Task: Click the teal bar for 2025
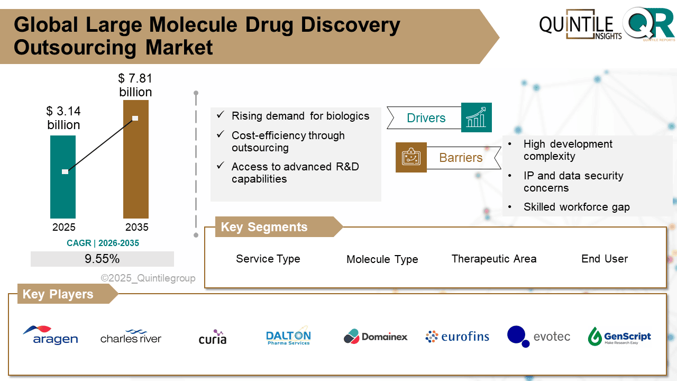pos(63,177)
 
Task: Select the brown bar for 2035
pos(136,159)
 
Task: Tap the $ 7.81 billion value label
pos(135,85)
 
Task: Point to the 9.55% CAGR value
pos(102,259)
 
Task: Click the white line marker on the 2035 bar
pos(135,118)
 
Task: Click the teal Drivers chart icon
pos(477,117)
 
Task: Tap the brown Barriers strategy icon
pos(411,157)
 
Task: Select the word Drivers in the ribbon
pos(426,118)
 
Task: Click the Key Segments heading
pos(264,227)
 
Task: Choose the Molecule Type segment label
pos(382,259)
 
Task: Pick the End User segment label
pos(605,259)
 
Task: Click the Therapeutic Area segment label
pos(494,259)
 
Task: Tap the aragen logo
pos(50,335)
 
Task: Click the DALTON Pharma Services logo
pos(288,336)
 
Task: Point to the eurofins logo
pos(458,337)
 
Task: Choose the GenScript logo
pos(619,337)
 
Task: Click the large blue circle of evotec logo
pos(516,334)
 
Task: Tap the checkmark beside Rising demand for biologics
pos(221,115)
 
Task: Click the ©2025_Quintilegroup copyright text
pos(148,278)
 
